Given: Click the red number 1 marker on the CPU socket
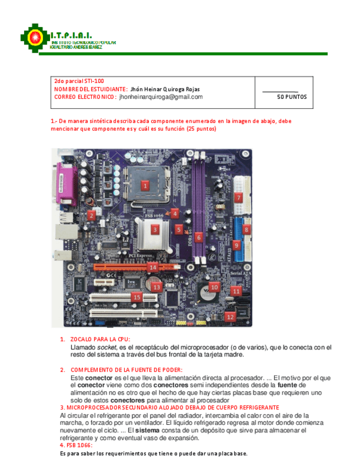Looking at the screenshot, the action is (145, 185).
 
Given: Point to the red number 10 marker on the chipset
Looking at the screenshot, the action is (214, 287).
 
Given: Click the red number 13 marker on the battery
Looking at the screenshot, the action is (157, 286).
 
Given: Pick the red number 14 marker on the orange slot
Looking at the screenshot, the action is (153, 268).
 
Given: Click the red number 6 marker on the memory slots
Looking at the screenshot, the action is (199, 237).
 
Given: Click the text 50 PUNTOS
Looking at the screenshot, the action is (291, 97).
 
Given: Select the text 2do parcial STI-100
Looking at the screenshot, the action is (79, 81).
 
